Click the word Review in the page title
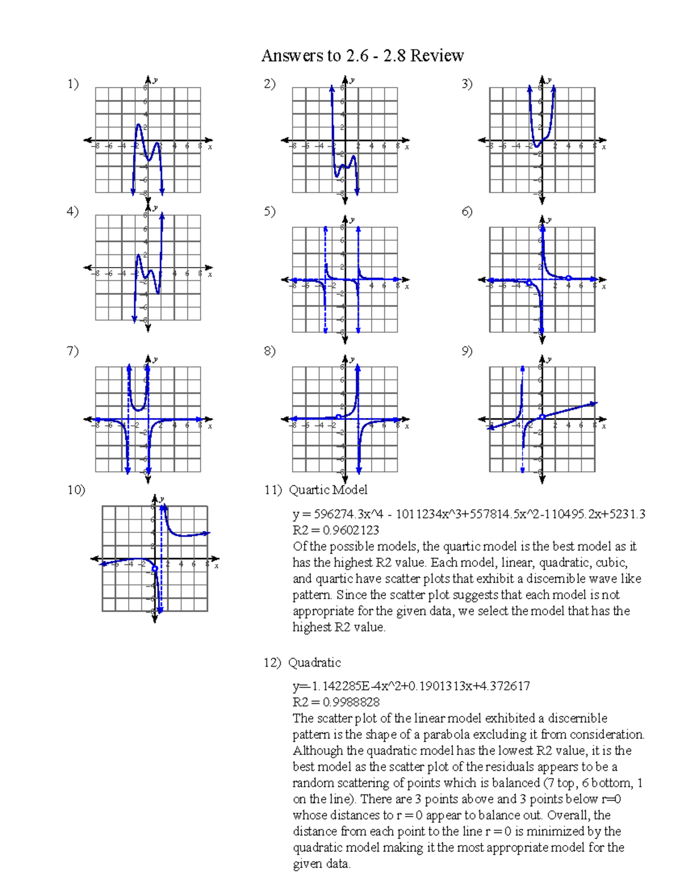(x=437, y=55)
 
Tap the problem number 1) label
(x=73, y=84)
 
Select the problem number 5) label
(x=270, y=211)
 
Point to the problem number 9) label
(x=467, y=351)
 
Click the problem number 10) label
(x=76, y=490)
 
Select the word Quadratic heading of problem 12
(x=314, y=663)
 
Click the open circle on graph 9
(x=542, y=416)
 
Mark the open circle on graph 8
(x=339, y=417)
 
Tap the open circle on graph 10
(x=155, y=568)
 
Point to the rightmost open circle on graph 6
(x=568, y=278)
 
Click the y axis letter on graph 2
(x=352, y=81)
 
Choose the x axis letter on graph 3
(x=604, y=147)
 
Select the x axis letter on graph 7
(x=210, y=426)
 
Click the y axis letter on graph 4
(x=155, y=208)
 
